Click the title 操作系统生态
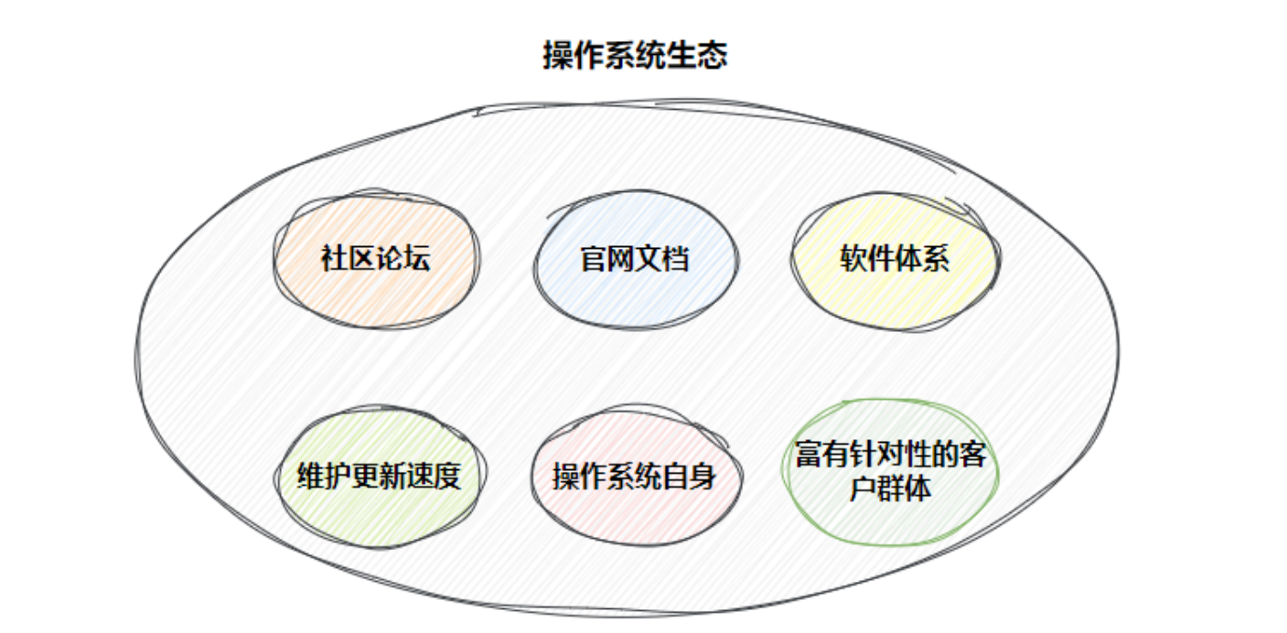(635, 56)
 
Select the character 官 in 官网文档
(595, 259)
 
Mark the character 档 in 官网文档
(676, 259)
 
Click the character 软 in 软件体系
(853, 259)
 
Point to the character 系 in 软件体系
(936, 259)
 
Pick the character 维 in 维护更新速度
(312, 477)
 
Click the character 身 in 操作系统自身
(702, 477)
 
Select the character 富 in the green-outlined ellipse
(810, 456)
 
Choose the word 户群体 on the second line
(890, 488)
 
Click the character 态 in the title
(713, 56)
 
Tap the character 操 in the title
(558, 56)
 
